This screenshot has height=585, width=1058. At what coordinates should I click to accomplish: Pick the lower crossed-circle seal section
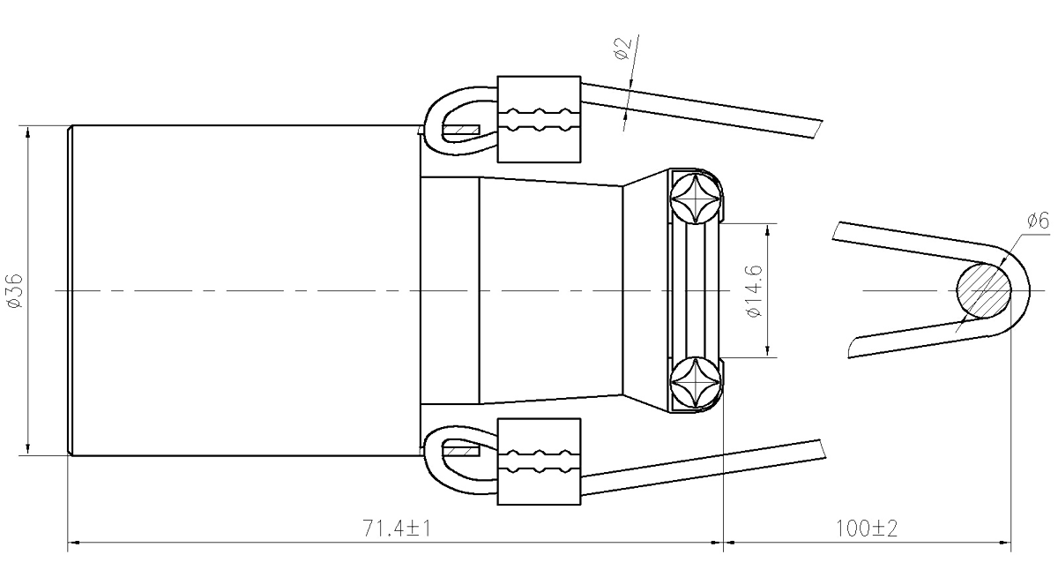point(697,383)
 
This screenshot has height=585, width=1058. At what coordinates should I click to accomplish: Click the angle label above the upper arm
point(626,49)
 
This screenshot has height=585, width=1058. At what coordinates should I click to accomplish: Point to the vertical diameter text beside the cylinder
point(15,291)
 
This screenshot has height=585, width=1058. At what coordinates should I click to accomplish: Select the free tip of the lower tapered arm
point(825,446)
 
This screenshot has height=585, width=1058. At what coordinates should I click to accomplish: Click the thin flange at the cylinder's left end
point(69,291)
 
